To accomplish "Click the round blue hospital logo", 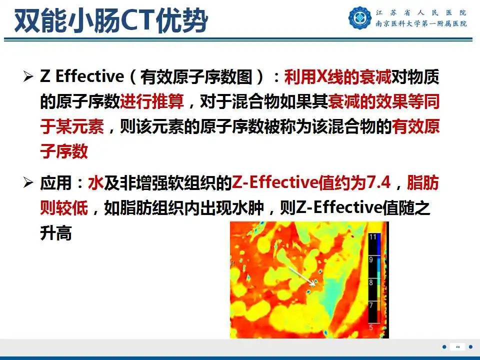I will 360,17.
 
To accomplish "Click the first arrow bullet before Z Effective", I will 28,77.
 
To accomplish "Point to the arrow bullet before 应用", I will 28,183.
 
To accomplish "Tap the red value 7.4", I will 378,183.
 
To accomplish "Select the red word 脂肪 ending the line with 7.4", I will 423,183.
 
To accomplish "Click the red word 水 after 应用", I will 95,183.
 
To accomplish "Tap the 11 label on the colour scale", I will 372,237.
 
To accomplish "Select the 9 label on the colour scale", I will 371,260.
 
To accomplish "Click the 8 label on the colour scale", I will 371,282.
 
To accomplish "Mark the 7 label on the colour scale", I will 371,304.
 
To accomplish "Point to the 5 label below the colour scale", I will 371,327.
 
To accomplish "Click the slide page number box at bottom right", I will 457,346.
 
